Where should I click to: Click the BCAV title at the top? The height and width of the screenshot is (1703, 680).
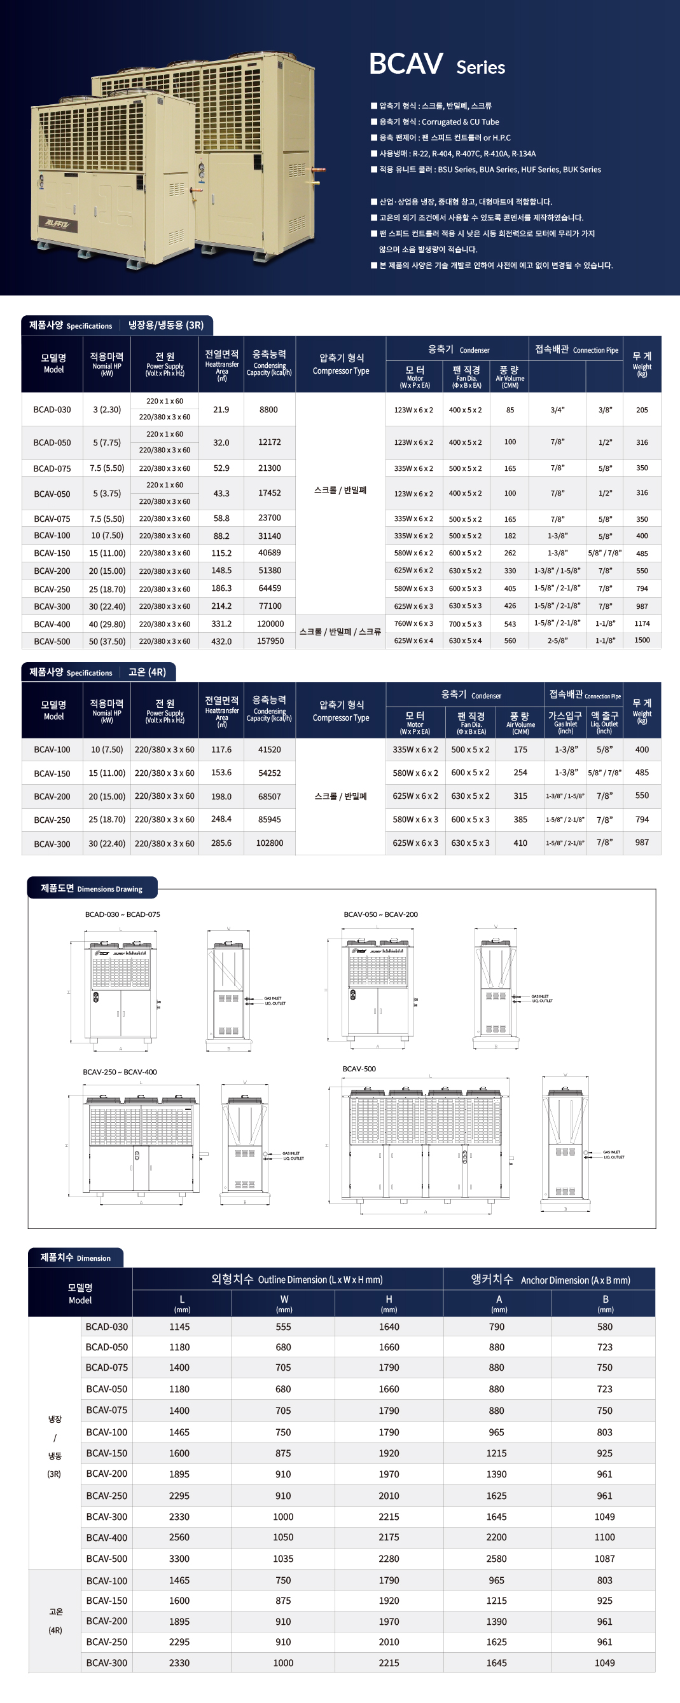click(x=405, y=64)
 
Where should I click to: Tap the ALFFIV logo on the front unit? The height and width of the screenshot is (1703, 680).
click(x=61, y=224)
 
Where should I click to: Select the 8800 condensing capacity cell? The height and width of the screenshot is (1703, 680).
click(x=268, y=410)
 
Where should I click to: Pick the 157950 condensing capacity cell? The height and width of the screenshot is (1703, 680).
click(x=270, y=641)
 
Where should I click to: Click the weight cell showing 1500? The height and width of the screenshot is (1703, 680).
click(x=642, y=641)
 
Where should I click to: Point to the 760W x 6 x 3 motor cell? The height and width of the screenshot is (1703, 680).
click(x=413, y=624)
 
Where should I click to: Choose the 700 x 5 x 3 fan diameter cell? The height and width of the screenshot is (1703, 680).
click(x=465, y=624)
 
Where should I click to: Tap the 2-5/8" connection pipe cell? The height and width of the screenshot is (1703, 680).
click(x=557, y=641)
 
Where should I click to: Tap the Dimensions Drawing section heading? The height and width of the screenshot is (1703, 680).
click(x=92, y=888)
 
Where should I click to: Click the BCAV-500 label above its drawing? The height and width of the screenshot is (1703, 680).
click(x=359, y=1069)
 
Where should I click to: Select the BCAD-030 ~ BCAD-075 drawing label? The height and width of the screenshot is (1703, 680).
click(x=122, y=915)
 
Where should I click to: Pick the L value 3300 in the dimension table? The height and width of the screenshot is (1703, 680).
click(x=179, y=1559)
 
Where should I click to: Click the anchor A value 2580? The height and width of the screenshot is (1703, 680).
click(x=496, y=1559)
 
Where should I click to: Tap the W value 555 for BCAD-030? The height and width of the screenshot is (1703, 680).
click(x=283, y=1327)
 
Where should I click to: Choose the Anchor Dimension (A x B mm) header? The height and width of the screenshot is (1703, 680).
click(x=550, y=1280)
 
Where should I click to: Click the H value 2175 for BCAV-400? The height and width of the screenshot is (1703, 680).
click(x=388, y=1538)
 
